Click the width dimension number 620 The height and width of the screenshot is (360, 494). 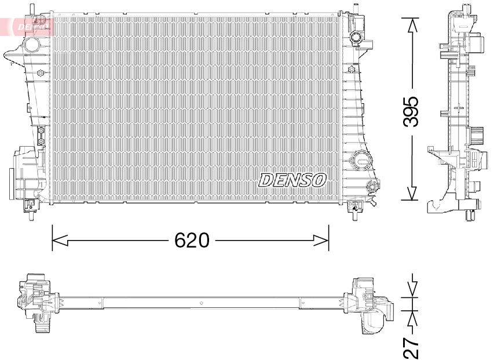click(192, 239)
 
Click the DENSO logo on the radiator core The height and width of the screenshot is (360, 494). click(292, 180)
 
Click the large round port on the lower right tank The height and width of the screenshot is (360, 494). click(361, 158)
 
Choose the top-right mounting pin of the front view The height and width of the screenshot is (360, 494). click(354, 8)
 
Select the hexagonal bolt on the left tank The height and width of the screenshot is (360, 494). click(41, 73)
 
